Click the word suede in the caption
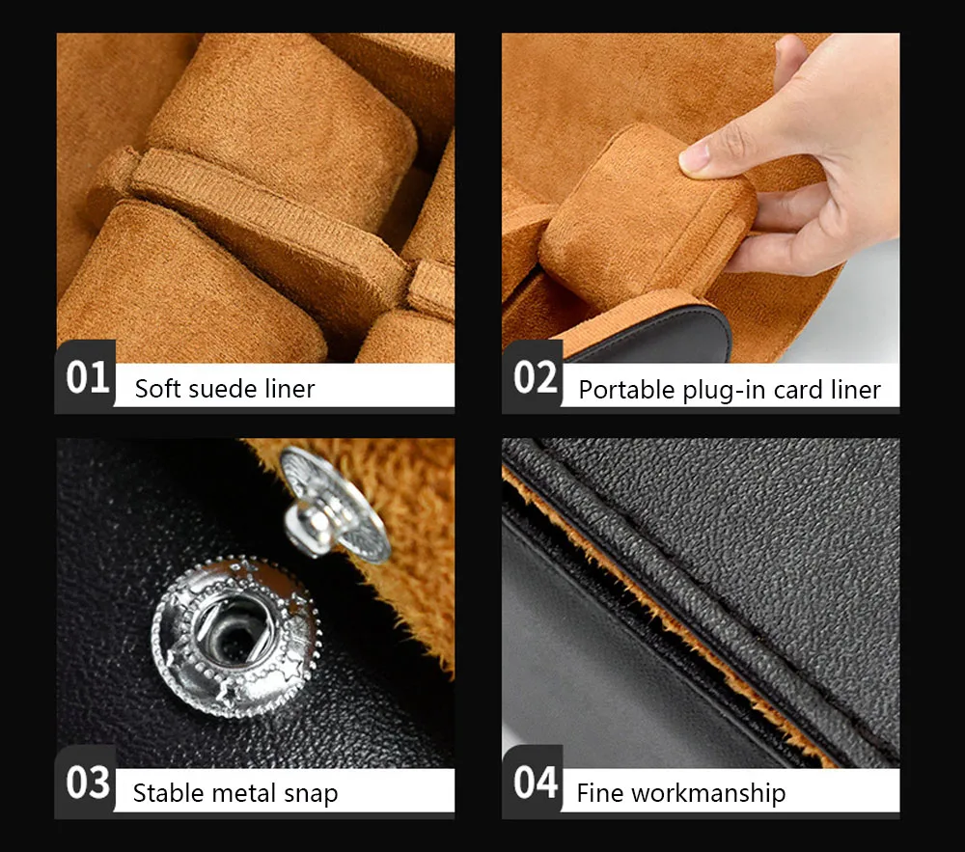224,389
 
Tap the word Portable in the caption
626,390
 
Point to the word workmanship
708,793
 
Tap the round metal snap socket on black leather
236,637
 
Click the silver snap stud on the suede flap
333,505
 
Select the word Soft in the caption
157,389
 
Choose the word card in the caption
798,390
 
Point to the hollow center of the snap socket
233,637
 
